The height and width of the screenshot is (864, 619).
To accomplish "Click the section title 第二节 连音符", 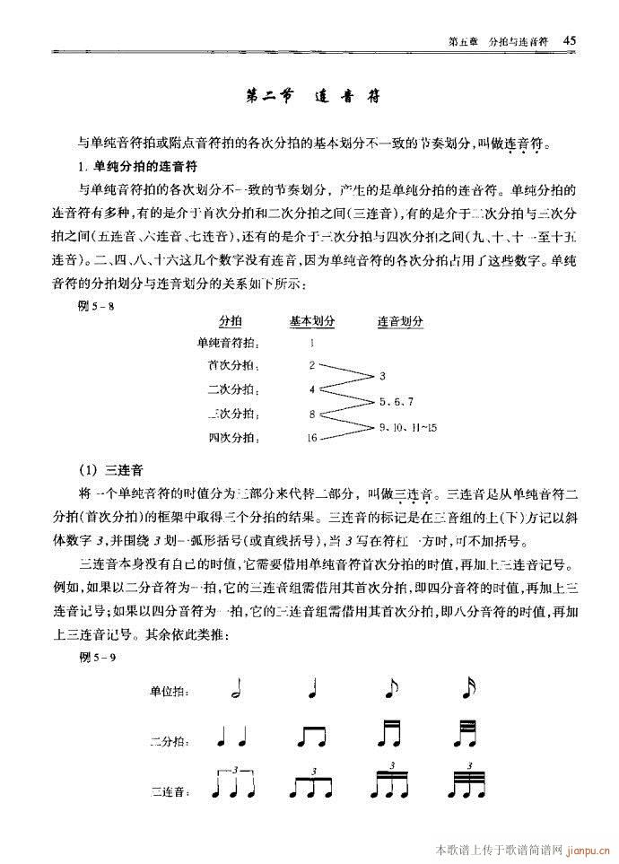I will tap(310, 97).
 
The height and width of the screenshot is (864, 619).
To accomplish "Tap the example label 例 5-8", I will tap(98, 304).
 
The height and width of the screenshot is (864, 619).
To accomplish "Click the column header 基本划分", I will tap(311, 320).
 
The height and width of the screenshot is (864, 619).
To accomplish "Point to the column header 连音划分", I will tap(400, 320).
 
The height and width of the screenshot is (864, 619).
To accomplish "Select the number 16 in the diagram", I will tap(311, 438).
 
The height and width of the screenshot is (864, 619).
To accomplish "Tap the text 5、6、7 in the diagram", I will tap(396, 401).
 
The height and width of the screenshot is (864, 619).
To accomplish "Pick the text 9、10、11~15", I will tap(408, 426).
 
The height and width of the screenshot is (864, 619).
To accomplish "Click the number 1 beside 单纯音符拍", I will tap(311, 342).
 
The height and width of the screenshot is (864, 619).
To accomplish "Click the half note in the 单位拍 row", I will tap(235, 689).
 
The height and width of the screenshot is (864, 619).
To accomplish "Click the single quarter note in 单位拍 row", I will tap(312, 689).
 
